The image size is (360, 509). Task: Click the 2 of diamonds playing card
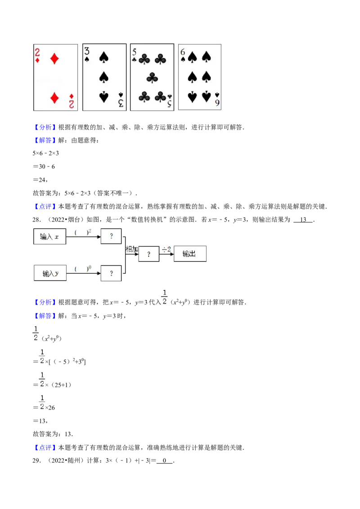55,78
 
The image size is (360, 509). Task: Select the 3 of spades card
104,77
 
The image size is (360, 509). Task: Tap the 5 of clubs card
152,77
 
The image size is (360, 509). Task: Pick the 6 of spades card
200,77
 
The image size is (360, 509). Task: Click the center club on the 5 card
152,78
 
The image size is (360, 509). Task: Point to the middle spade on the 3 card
103,77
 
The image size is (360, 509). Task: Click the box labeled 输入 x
49,237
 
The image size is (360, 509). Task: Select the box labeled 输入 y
50,273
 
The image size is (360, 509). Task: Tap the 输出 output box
190,254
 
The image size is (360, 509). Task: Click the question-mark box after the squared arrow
111,236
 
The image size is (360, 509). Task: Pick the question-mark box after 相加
149,254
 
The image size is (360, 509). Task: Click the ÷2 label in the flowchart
166,249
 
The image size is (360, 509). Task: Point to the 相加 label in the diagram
132,249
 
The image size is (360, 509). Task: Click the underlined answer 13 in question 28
303,220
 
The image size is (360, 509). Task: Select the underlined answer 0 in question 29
164,460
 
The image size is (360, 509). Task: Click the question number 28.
37,220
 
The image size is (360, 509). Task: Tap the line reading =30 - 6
44,166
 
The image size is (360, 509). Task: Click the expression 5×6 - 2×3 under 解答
45,153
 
